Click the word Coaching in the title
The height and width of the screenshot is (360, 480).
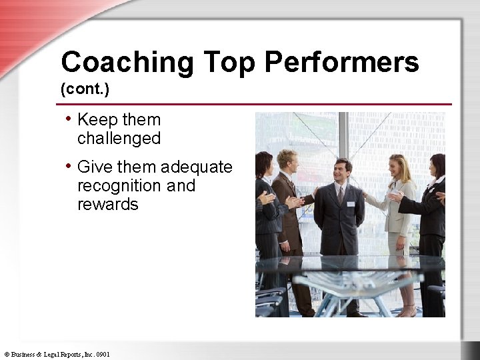pos(127,63)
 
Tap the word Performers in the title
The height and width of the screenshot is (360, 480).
pos(341,63)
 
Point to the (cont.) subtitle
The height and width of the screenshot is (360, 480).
pos(83,89)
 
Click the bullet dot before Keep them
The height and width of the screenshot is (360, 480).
pos(69,119)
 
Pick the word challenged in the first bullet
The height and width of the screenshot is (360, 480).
pos(119,139)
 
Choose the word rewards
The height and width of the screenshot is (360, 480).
pos(108,204)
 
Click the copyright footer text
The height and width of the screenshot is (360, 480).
pos(57,354)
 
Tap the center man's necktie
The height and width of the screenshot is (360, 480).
pos(341,195)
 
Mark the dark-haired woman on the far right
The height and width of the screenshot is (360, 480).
pos(432,213)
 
